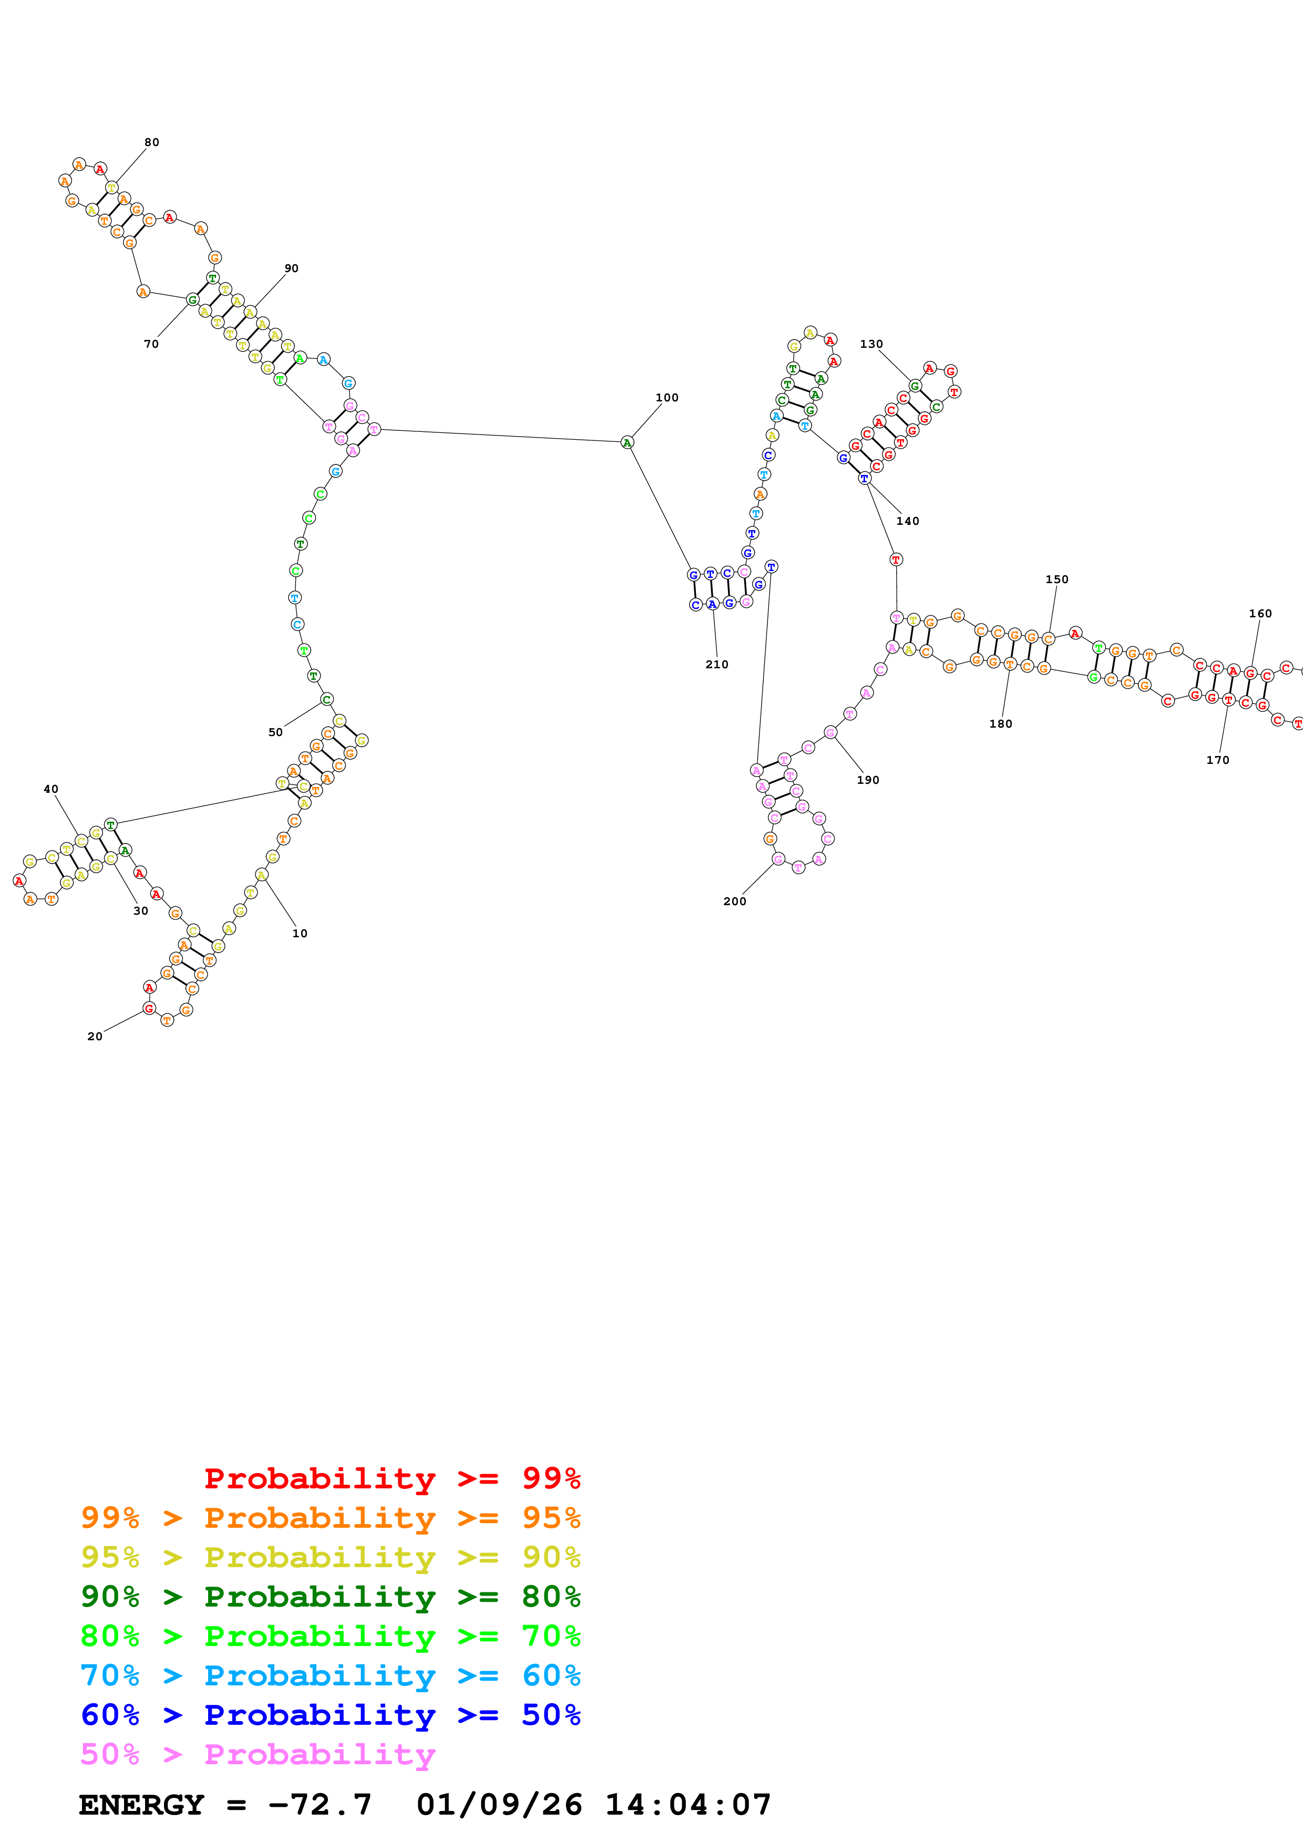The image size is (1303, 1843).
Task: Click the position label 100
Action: (666, 397)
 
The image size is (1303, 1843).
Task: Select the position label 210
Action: (716, 665)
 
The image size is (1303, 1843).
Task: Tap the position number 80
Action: (152, 142)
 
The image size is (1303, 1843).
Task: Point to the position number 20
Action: (95, 1036)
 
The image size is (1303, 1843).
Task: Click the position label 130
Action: (871, 344)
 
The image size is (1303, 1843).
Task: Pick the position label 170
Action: (1217, 760)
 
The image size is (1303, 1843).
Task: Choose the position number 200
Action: (735, 902)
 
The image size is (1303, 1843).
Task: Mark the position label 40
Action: (50, 789)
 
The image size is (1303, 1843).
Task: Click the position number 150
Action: (1056, 579)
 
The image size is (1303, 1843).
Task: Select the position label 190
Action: (868, 780)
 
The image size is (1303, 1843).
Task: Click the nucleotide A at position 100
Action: (627, 442)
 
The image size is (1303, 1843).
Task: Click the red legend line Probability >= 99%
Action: (392, 1478)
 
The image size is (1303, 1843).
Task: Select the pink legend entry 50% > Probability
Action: (258, 1755)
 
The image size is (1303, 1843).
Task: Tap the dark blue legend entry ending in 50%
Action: (330, 1715)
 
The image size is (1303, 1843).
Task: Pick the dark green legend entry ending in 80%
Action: (330, 1597)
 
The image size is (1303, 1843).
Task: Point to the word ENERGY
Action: (141, 1805)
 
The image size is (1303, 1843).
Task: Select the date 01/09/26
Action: (499, 1805)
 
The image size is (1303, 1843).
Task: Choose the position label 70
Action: (151, 344)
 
